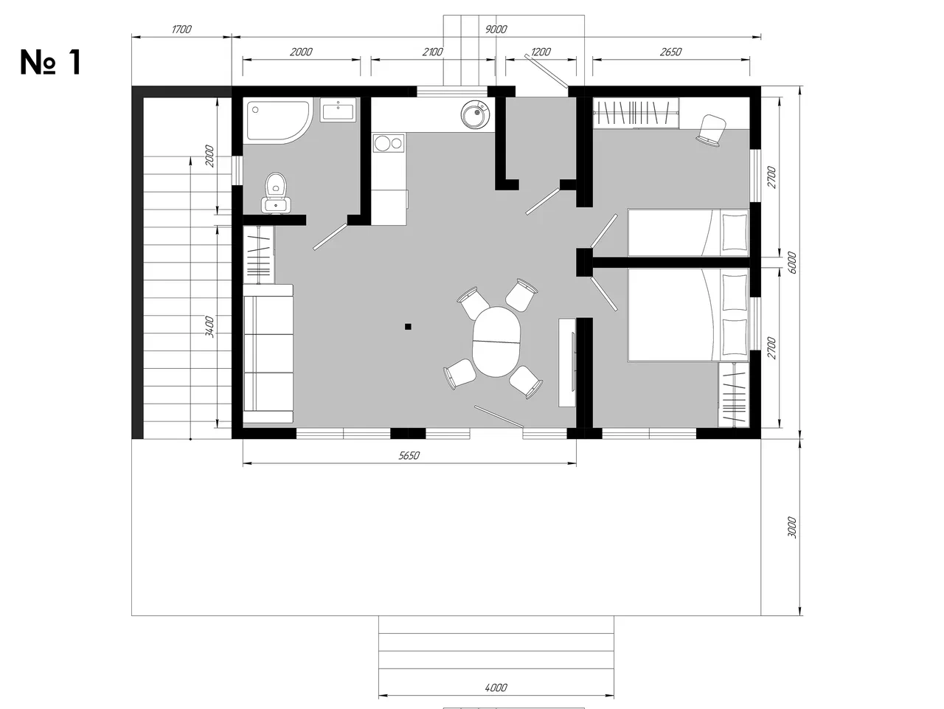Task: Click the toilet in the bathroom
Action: click(276, 193)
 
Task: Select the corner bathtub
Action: click(278, 121)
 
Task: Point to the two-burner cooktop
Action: click(389, 143)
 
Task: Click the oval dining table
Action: click(496, 342)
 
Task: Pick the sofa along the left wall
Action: click(268, 353)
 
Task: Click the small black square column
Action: click(408, 327)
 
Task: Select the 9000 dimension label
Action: click(496, 30)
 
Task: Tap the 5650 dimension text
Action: click(409, 455)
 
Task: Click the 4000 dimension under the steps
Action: click(496, 688)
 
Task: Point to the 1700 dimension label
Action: click(181, 30)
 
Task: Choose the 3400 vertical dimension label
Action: click(209, 327)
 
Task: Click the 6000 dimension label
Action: click(792, 263)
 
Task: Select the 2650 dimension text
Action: click(670, 52)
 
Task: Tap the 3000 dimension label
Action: click(792, 528)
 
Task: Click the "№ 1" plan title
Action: click(51, 63)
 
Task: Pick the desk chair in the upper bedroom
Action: click(712, 130)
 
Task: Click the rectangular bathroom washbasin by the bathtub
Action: click(339, 110)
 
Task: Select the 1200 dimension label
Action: click(541, 52)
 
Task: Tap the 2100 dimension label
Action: click(432, 52)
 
